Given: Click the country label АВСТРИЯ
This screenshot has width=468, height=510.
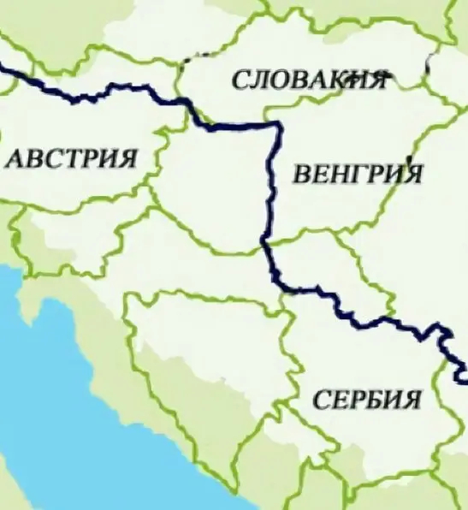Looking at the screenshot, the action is pos(71,158).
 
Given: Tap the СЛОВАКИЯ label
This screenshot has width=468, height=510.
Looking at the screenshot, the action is pos(307,80).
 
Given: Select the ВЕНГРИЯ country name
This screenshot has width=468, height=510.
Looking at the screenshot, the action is pos(358,175).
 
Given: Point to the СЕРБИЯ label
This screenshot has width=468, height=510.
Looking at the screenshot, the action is pos(367,400).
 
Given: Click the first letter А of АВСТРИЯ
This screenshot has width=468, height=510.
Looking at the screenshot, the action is pos(15,159).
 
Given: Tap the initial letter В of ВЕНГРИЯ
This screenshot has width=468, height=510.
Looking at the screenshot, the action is pos(302,175).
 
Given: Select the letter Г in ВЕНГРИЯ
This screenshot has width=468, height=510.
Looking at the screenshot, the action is pos(357,175).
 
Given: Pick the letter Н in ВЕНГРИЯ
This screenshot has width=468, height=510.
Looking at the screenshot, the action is pos(339,175).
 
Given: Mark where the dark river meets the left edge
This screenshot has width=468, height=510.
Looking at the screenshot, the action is pos(3,68).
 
